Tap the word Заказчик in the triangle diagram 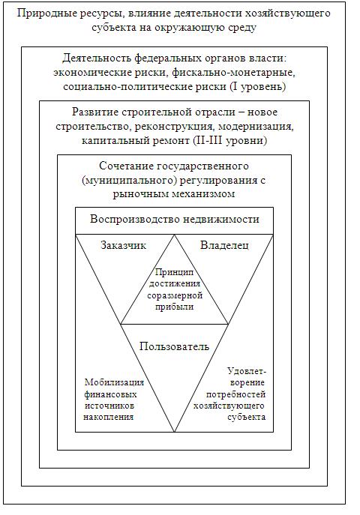tap(123, 245)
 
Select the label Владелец tap(224, 245)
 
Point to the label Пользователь tap(174, 346)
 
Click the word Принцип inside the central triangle tap(174, 272)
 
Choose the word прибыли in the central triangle tap(174, 307)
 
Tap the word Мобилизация tap(114, 382)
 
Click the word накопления tap(109, 417)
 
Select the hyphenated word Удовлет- tap(247, 371)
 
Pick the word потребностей tap(235, 394)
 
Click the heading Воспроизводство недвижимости tap(175, 219)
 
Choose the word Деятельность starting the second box tap(97, 58)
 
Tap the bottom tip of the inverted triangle tap(174, 432)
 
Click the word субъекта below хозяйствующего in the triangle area tap(246, 417)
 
